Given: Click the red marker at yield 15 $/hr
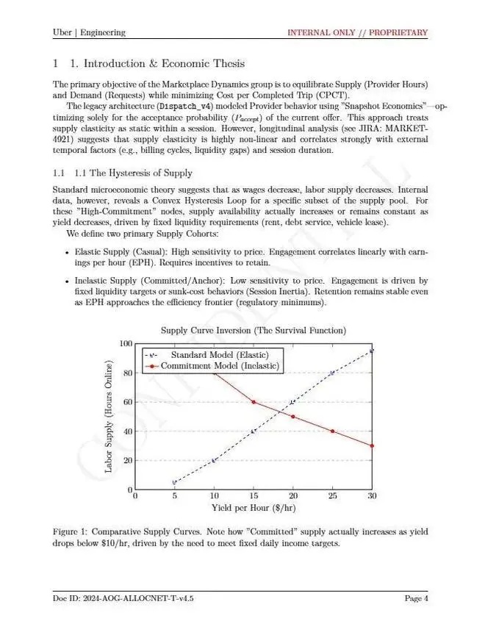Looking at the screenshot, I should point(254,402).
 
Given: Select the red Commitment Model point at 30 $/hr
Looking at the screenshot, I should point(372,445).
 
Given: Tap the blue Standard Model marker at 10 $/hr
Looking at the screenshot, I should point(214,460).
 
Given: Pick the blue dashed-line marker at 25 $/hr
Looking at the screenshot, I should point(332,373).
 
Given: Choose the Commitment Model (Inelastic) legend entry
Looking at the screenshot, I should point(219,365).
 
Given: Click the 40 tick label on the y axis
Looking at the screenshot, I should point(126,431).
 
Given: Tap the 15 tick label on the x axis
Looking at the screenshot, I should point(254,497).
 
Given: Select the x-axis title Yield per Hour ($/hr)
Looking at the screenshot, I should point(253,508).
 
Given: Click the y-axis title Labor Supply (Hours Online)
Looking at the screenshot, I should point(109,417).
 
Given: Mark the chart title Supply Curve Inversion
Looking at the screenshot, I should point(253,331).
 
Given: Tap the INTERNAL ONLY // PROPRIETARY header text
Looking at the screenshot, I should point(357,32).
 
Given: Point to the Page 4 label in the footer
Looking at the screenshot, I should point(417,598).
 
